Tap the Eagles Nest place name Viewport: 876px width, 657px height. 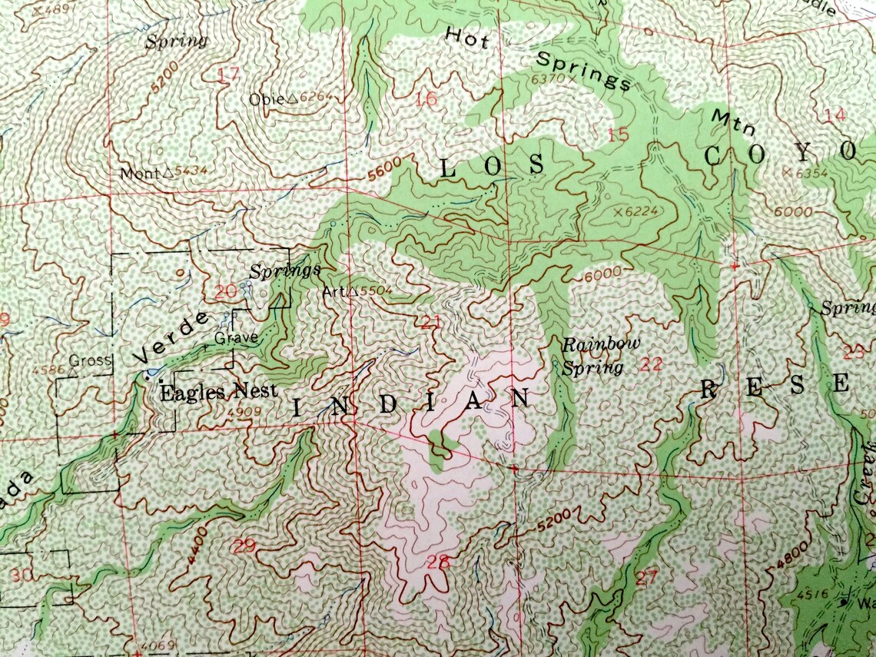(218, 392)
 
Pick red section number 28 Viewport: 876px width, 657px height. (437, 562)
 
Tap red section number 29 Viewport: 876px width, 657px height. (244, 546)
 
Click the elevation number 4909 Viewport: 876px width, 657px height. (241, 411)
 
